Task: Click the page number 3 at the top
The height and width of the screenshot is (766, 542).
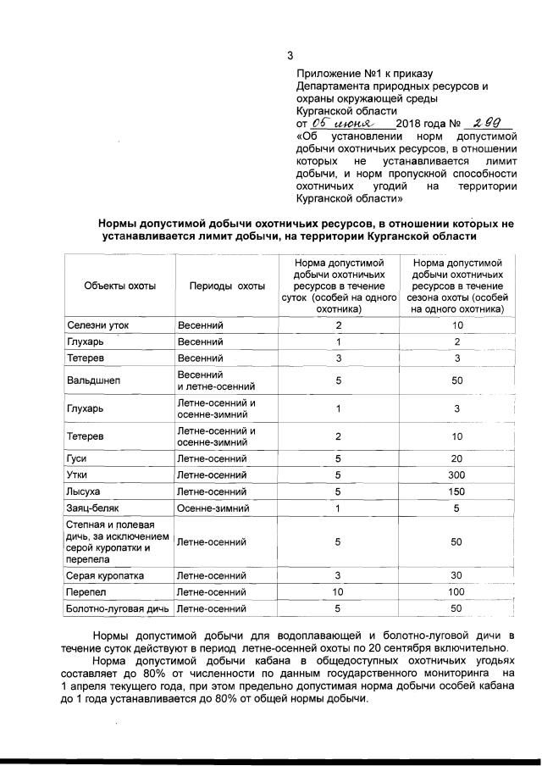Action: (290, 56)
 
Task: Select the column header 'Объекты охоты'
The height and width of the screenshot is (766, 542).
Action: (119, 286)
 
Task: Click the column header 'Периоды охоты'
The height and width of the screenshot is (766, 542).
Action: (226, 286)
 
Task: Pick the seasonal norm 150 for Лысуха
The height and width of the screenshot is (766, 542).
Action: (457, 491)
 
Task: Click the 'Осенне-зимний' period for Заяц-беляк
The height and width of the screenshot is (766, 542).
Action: (213, 508)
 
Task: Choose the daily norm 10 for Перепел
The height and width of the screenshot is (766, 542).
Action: (338, 591)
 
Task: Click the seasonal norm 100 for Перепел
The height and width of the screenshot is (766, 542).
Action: (457, 591)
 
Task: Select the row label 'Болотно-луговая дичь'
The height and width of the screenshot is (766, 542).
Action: (119, 608)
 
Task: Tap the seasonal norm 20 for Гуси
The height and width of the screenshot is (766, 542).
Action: (457, 458)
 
